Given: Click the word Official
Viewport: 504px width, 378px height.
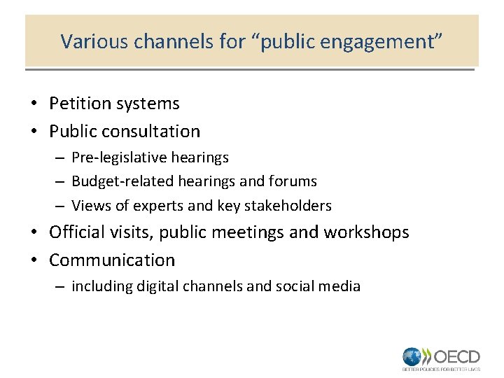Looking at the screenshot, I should coord(78,232).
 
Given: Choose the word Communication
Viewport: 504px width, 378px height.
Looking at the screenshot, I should coord(112,260).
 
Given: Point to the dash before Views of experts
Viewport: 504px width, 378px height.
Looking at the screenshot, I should coord(61,206).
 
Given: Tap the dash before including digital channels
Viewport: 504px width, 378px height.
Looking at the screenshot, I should coord(61,286).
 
